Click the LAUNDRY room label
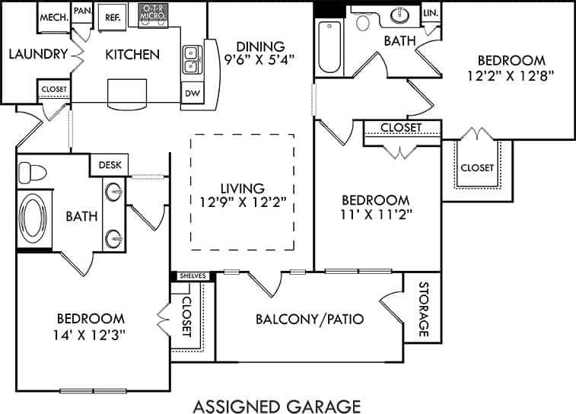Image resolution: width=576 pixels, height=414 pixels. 34,54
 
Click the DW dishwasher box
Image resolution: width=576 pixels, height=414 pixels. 192,94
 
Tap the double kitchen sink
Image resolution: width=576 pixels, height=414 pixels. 192,61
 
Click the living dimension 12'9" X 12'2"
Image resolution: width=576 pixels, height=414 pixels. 243,202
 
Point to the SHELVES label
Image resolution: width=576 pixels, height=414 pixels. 192,275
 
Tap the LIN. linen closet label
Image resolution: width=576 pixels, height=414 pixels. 431,13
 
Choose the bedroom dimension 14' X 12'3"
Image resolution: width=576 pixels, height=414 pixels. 91,333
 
